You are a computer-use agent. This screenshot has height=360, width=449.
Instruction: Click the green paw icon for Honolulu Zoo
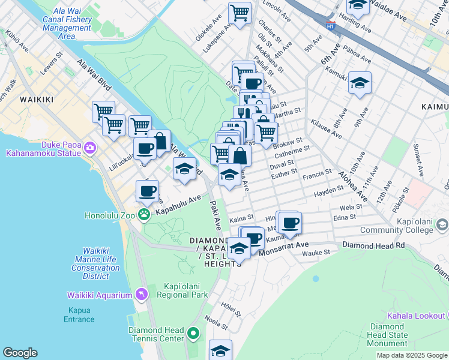144,215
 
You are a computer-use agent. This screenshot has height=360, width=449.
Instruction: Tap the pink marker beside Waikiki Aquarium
141,294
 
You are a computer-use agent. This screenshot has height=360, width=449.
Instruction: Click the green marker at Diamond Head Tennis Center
193,332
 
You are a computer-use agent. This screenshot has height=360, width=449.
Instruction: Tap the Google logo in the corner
20,353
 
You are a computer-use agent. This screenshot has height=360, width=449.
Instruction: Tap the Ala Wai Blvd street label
94,74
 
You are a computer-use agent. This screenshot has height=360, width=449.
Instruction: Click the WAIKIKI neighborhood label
37,99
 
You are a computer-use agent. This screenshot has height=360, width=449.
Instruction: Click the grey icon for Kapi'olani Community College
442,224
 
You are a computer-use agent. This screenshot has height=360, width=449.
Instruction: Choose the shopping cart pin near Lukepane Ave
240,13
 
